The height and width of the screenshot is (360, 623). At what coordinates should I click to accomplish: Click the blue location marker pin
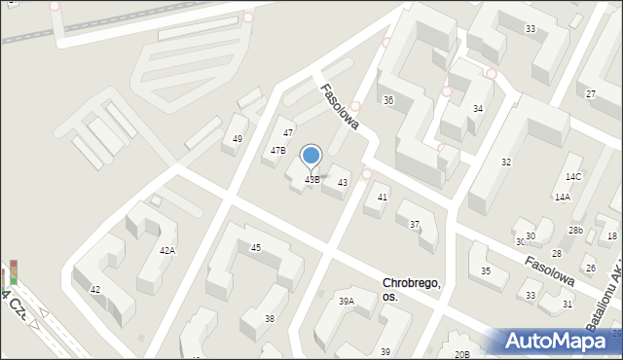(311, 156)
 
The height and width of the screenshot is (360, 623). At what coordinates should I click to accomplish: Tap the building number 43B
(311, 180)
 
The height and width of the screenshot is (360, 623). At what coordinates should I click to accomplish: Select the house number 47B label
(278, 151)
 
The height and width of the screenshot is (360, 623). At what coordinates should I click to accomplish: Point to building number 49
(238, 139)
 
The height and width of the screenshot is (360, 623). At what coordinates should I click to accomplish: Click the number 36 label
(388, 100)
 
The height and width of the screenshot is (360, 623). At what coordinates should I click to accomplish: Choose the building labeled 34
(478, 108)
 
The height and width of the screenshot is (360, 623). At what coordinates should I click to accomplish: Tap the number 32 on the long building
(506, 162)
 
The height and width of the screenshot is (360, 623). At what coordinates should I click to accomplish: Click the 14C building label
(573, 177)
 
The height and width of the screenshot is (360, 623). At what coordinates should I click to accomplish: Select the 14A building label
(563, 197)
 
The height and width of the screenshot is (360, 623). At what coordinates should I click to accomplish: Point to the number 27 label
(591, 93)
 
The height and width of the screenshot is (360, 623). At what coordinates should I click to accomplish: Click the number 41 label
(383, 198)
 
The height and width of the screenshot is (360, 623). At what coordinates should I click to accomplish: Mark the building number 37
(415, 225)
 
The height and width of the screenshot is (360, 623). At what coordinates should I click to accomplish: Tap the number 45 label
(256, 248)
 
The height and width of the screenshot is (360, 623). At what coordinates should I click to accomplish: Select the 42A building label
(167, 251)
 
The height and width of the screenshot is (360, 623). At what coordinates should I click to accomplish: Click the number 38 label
(270, 319)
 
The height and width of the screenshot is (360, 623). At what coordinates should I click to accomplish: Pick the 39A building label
(347, 302)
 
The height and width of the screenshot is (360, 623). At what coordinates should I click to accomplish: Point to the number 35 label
(486, 271)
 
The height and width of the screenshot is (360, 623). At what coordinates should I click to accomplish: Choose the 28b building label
(576, 231)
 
